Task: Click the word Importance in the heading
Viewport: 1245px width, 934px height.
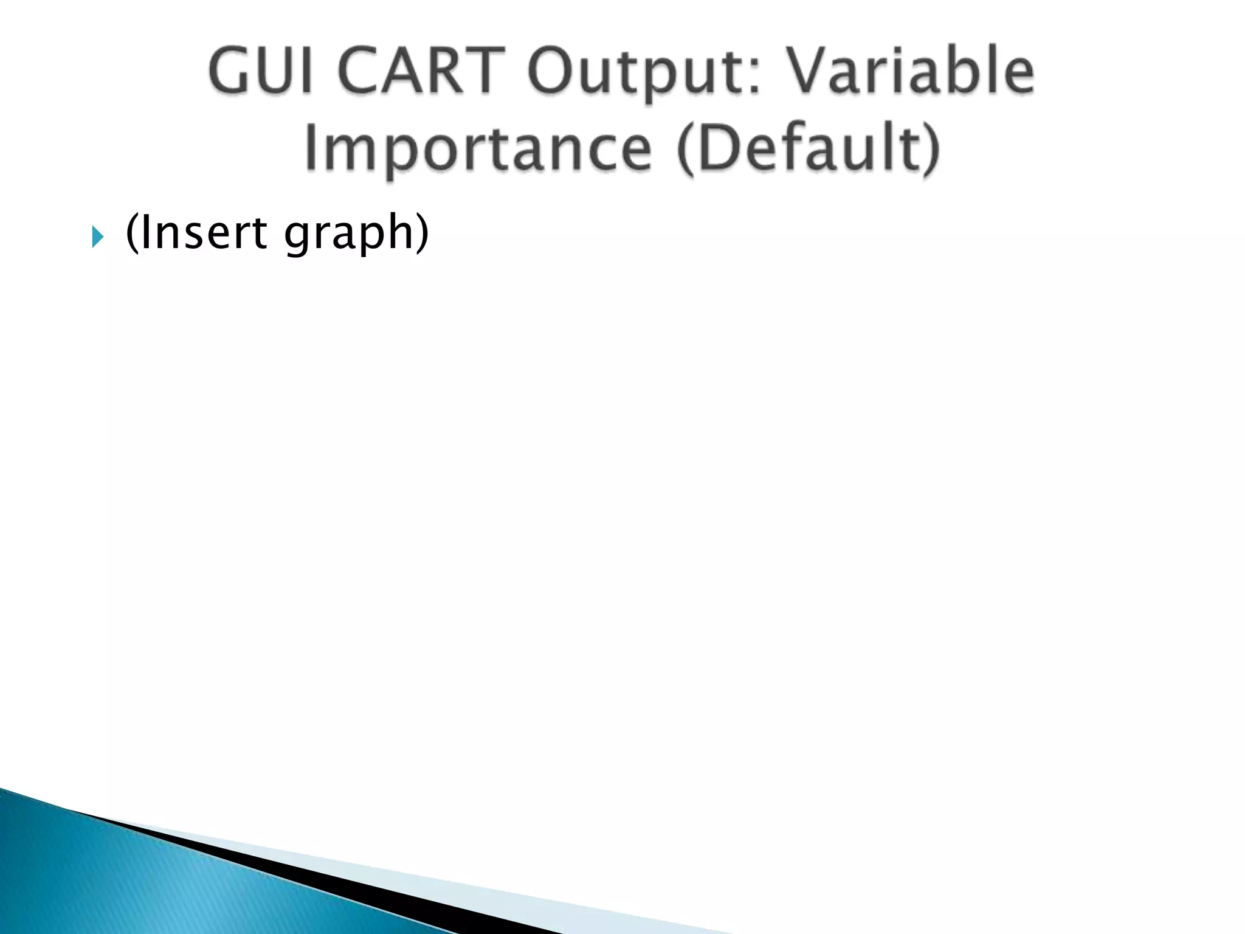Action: pos(478,149)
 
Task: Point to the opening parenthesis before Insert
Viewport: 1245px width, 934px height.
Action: pos(131,233)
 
